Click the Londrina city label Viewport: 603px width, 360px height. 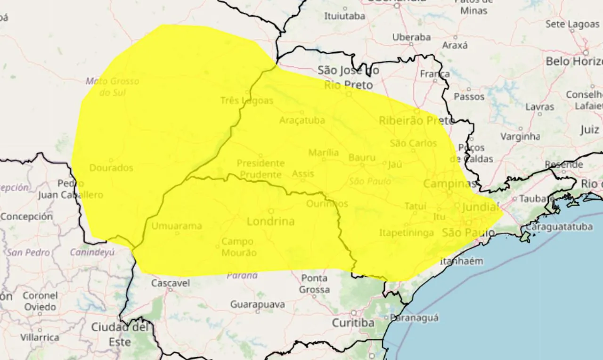coord(271,221)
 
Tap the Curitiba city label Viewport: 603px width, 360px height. coord(353,323)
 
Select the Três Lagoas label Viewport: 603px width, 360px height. coord(246,100)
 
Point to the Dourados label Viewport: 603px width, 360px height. coord(111,168)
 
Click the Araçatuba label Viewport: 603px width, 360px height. coord(302,120)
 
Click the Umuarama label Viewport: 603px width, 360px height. coord(177,226)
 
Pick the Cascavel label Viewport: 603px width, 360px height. coord(171,283)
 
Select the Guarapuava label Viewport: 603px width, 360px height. coord(258,305)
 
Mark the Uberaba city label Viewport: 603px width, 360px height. coord(411,37)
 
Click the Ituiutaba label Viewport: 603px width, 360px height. coord(344,16)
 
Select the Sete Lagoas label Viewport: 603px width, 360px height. coord(572,24)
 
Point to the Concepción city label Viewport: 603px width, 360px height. coord(26,217)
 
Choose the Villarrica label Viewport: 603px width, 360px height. coord(40,337)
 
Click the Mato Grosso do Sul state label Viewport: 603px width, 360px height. coord(113,86)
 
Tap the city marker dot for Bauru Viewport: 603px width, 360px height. coord(362,165)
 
